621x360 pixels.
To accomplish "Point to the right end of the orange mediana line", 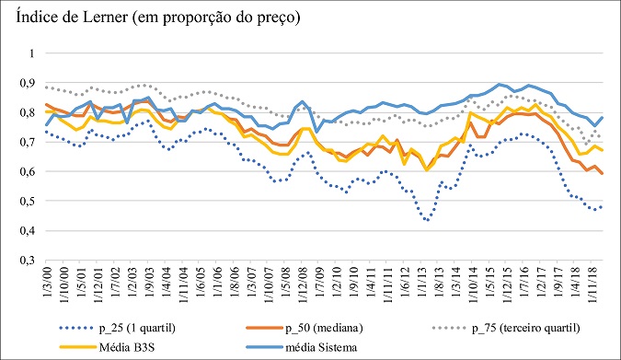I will [603, 173].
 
